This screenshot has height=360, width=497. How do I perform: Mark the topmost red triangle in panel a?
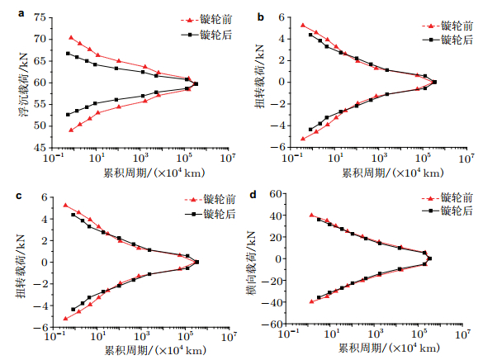click(71, 37)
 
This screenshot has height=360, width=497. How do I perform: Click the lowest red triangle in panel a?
click(71, 130)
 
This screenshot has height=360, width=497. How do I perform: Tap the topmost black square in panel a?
click(69, 54)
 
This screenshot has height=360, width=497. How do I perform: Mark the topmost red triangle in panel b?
click(302, 26)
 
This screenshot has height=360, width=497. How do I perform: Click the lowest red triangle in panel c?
click(65, 318)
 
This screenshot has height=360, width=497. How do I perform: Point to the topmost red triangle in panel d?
click(311, 215)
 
